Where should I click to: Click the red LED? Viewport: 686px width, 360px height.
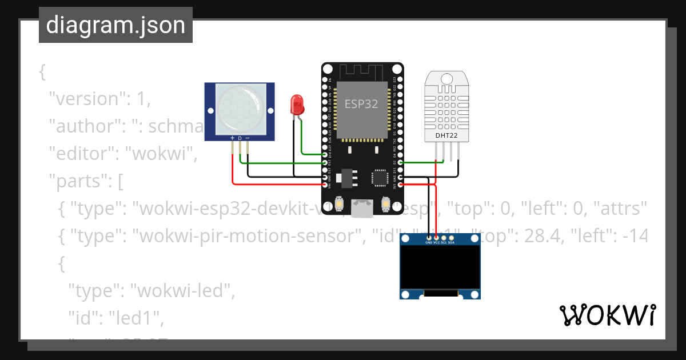click(x=297, y=104)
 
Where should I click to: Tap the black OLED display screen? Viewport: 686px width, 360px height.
click(x=440, y=267)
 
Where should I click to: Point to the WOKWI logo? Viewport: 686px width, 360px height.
click(x=607, y=315)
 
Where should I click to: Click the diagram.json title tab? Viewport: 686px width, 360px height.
click(x=115, y=26)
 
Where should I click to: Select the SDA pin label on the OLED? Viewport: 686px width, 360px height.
click(x=451, y=242)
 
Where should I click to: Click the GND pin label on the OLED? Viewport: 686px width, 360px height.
click(x=429, y=242)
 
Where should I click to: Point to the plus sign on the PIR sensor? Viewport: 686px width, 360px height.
click(x=232, y=138)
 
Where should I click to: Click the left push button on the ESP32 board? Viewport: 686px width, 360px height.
click(x=340, y=204)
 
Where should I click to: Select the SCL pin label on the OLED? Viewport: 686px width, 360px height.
click(x=444, y=242)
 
